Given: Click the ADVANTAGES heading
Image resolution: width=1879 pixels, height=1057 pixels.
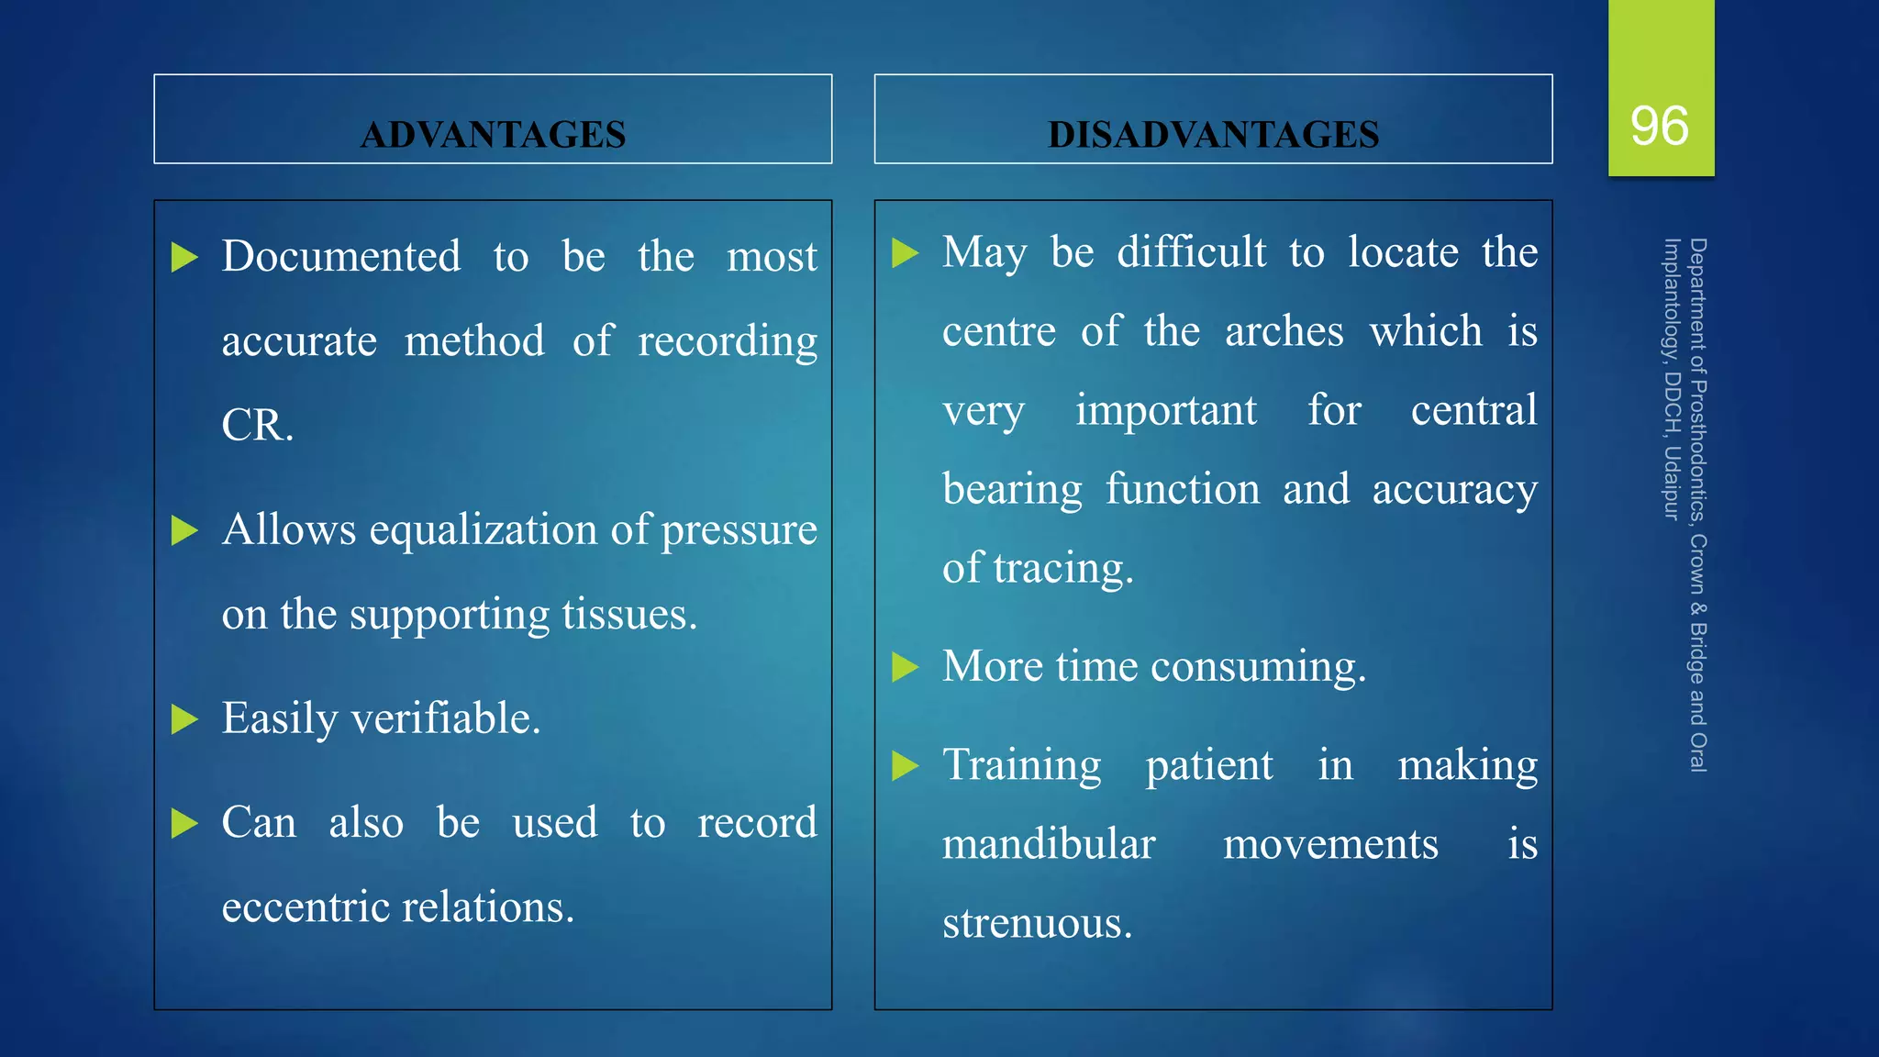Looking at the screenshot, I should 493,135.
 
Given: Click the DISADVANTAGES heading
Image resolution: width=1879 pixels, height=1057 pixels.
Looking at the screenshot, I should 1213,135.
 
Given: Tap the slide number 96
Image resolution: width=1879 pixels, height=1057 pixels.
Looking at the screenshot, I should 1660,126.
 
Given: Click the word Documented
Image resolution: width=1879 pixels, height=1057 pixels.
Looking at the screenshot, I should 341,256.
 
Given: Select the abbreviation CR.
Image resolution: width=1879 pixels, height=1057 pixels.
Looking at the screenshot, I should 257,425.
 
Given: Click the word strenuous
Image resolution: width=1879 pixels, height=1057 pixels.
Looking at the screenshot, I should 1037,923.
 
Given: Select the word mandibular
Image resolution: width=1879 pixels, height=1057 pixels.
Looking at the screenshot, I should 1049,844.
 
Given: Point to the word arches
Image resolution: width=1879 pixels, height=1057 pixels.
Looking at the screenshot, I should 1284,331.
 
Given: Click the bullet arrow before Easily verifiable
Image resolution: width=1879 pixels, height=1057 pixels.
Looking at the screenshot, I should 184,719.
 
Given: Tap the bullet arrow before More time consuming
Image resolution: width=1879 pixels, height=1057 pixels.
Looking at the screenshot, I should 905,667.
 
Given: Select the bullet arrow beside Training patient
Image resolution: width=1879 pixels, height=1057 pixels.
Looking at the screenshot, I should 905,765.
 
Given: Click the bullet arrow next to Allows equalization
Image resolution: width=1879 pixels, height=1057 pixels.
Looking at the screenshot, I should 184,530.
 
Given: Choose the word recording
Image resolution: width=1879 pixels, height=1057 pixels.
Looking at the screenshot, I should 727,342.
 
